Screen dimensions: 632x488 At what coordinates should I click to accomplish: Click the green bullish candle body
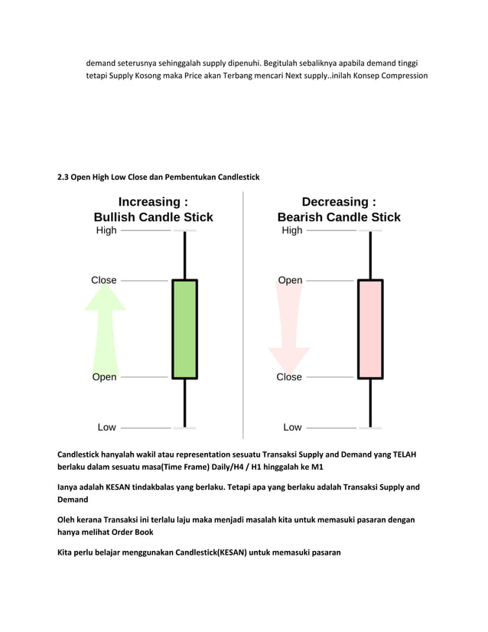tap(184, 329)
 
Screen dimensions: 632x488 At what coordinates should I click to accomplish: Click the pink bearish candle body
tap(370, 329)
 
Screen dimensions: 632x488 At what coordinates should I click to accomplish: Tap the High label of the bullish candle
tap(106, 230)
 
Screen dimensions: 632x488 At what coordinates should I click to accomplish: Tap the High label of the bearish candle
tap(291, 230)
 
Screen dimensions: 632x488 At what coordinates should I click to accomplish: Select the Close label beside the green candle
tap(104, 280)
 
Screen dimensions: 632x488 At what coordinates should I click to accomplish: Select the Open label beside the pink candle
tap(290, 280)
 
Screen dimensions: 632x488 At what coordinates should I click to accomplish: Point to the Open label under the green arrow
tap(104, 377)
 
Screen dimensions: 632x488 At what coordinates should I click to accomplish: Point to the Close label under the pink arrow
tap(289, 377)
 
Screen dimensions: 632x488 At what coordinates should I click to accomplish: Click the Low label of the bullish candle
tap(106, 427)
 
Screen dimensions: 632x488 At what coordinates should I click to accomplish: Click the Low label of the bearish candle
tap(292, 427)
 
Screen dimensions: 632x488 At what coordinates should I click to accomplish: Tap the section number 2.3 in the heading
tap(63, 178)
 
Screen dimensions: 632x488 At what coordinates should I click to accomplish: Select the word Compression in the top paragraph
tap(402, 76)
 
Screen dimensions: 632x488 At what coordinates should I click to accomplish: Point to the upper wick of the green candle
tap(184, 255)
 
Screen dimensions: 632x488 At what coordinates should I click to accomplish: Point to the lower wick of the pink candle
tap(370, 402)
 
